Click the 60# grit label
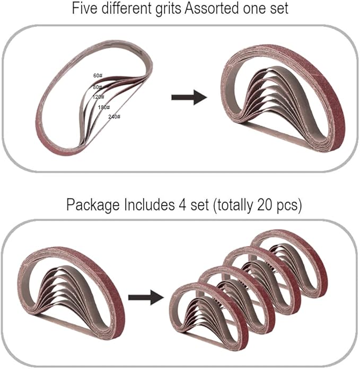coord(98,75)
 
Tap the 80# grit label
coord(98,87)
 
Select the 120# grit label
coord(98,96)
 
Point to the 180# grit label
coord(104,107)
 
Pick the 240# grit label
coord(114,117)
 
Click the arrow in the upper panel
coord(189,97)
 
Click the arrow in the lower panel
coord(146,298)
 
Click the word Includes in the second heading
coord(149,205)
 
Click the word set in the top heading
coord(278,8)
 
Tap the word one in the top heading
coord(252,10)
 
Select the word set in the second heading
coord(200,205)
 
